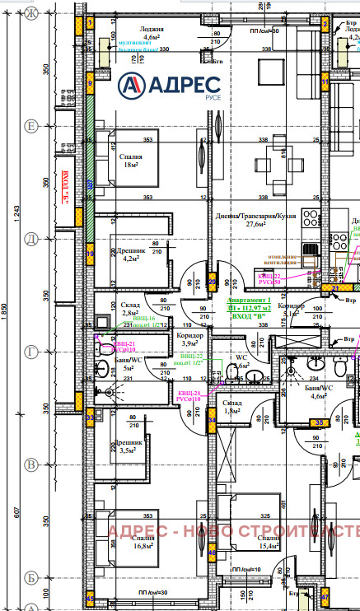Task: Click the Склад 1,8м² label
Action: (233, 405)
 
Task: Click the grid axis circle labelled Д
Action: (32, 238)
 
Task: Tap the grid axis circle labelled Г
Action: (32, 352)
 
